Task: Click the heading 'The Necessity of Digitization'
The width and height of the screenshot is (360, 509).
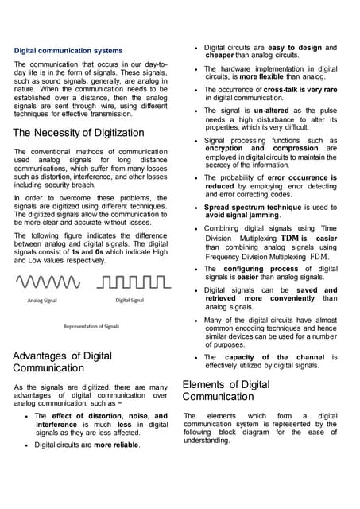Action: click(79, 132)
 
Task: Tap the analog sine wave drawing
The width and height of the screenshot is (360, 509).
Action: click(48, 282)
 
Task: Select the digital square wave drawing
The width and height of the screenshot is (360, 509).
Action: click(134, 282)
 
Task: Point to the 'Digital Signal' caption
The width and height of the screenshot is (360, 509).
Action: click(130, 301)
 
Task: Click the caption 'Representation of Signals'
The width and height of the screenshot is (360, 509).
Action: click(91, 327)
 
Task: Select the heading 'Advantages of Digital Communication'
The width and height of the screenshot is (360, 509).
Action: click(63, 362)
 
